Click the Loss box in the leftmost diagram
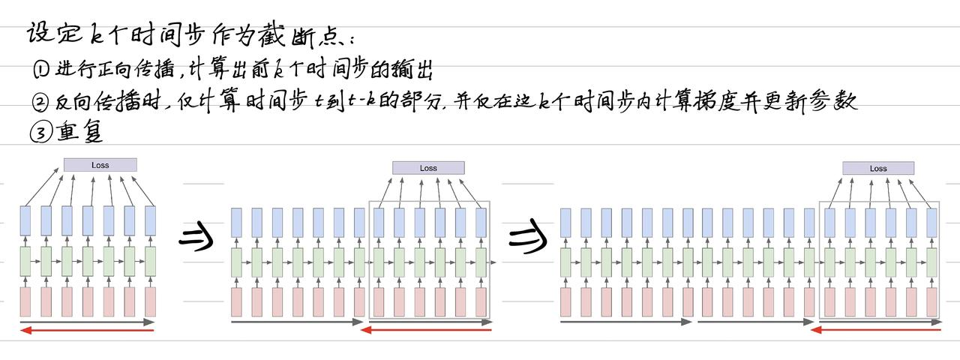pos(100,165)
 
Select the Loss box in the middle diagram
pos(428,168)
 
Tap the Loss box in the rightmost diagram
pos(878,169)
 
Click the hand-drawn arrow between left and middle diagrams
pos(196,238)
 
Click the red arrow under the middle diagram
pos(426,329)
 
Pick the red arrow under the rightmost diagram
pos(876,329)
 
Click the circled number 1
pos(40,70)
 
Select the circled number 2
pos(40,103)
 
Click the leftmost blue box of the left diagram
pos(25,221)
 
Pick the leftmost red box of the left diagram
pos(25,301)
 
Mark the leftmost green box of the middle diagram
pos(237,262)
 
